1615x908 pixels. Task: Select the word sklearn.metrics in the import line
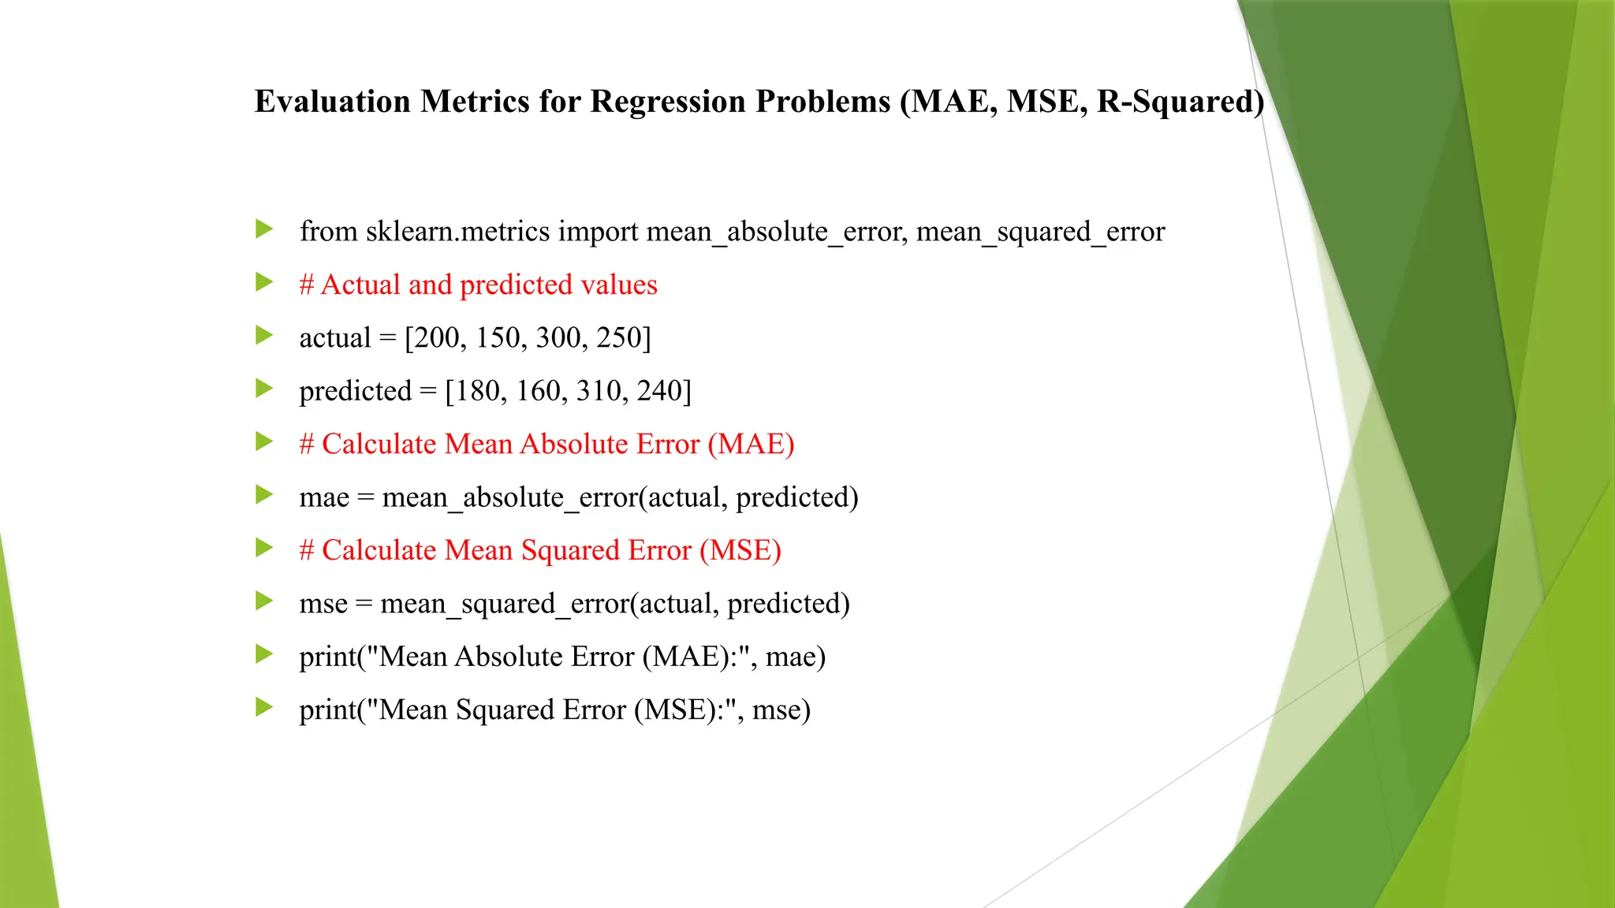point(457,232)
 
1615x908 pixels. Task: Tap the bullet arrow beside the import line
point(264,230)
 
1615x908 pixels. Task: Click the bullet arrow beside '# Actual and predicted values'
point(264,283)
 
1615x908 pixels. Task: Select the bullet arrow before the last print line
point(264,708)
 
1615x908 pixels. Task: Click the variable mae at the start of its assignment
point(323,498)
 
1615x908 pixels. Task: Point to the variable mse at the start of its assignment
point(323,605)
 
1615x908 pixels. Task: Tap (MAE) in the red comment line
point(751,445)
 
